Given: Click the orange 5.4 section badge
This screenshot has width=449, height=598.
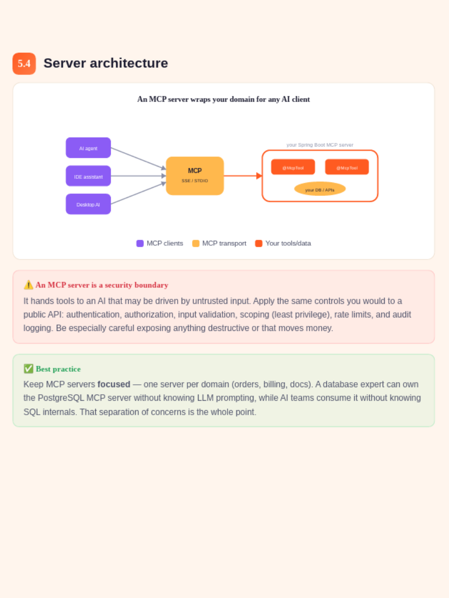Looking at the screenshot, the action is [x=24, y=63].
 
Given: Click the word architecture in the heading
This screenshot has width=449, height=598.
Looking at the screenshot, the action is [x=129, y=63].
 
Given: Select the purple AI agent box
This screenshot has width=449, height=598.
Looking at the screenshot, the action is [x=88, y=148].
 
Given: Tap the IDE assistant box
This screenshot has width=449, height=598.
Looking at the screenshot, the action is [x=88, y=176].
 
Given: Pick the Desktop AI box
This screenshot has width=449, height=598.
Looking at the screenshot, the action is [x=88, y=204].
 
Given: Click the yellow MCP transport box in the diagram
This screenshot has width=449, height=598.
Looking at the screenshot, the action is [x=195, y=176].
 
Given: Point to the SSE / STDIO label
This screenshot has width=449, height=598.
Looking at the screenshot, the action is [x=195, y=180].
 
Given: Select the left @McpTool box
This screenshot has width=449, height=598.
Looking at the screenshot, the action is [x=293, y=167].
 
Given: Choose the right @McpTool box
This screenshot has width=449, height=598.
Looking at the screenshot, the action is [x=347, y=167].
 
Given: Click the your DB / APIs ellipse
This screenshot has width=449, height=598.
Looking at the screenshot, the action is [x=320, y=189].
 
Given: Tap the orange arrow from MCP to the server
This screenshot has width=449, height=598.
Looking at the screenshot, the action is [x=243, y=176].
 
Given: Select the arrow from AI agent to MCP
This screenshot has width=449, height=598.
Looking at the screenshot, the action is [x=139, y=158].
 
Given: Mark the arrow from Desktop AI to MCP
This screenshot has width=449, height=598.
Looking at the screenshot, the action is [x=139, y=193].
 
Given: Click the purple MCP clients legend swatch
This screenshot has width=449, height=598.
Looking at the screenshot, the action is [x=140, y=243].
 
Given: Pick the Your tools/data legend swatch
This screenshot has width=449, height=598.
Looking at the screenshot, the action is [x=259, y=243].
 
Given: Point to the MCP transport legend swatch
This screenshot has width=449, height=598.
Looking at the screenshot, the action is [x=196, y=243].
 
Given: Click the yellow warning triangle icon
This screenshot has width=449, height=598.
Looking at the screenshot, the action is [x=28, y=285].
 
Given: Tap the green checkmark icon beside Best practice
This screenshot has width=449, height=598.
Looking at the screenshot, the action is [x=28, y=369].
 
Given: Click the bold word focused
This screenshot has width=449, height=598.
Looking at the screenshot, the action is [x=114, y=384].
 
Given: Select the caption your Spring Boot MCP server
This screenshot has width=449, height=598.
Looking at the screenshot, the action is [x=320, y=145].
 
